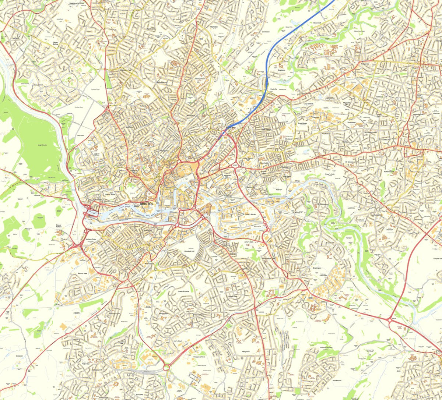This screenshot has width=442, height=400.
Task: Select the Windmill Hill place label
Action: (189, 251)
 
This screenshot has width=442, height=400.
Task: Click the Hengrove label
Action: (246, 352)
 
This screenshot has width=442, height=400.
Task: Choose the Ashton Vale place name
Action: (83, 274)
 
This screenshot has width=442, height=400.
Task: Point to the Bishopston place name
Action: (161, 82)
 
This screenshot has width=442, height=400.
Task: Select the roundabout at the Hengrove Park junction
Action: (166, 367)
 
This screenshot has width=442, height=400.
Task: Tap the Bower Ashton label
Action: (58, 226)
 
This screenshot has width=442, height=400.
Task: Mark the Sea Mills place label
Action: (16, 38)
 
